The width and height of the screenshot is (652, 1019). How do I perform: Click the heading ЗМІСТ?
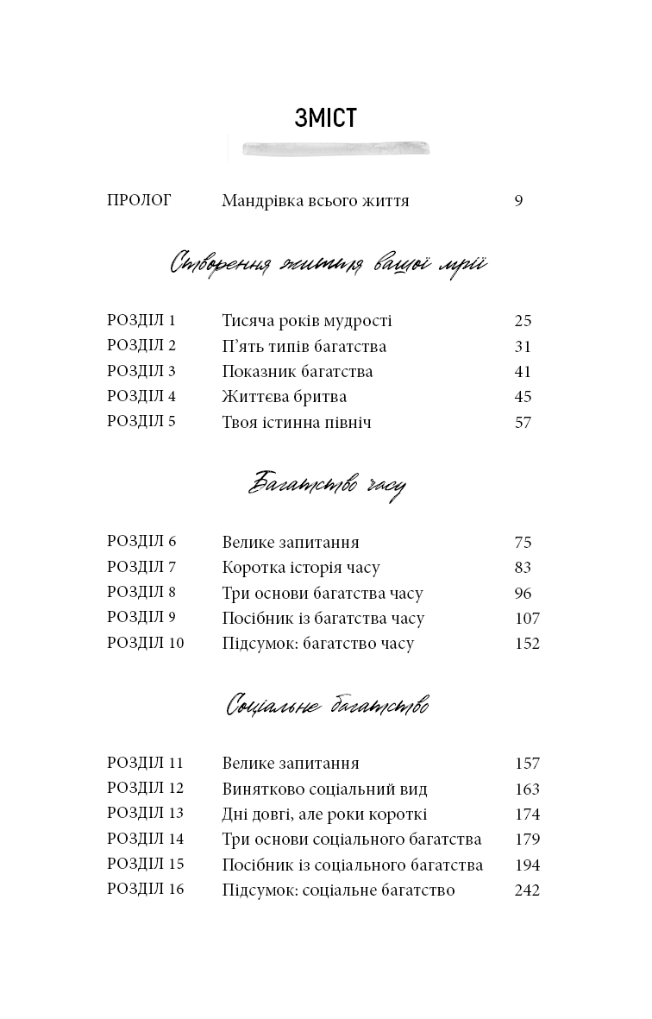coord(325,118)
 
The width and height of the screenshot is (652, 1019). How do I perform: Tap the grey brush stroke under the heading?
coord(337,148)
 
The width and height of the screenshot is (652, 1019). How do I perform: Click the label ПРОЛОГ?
coord(139,200)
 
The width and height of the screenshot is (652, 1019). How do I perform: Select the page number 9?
coord(518,201)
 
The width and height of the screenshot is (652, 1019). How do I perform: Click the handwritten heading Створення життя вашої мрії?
coord(329,263)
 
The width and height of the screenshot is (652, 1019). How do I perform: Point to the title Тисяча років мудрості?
coord(306,321)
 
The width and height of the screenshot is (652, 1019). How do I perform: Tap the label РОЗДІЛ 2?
coord(141,346)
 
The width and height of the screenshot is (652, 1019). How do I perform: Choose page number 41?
coord(523,372)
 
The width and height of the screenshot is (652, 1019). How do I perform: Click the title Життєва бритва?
coord(284,397)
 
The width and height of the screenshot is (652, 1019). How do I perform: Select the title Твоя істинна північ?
coord(296,422)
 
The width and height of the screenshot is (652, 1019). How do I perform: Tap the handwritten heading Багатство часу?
coord(326,485)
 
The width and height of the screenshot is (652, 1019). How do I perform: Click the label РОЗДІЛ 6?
coord(141,542)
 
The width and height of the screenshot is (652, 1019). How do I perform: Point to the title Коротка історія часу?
coord(300,568)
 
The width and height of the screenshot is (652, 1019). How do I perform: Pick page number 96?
coord(523,593)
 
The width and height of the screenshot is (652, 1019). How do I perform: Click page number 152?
coord(526,643)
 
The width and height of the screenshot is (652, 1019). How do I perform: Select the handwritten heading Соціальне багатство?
coord(328,707)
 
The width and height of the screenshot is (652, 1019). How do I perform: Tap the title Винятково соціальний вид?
coord(324,789)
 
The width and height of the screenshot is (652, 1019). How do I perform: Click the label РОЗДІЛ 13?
coord(145,814)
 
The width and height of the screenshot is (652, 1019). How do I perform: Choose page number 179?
coord(526,839)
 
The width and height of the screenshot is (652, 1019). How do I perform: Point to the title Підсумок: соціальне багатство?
coord(338,890)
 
